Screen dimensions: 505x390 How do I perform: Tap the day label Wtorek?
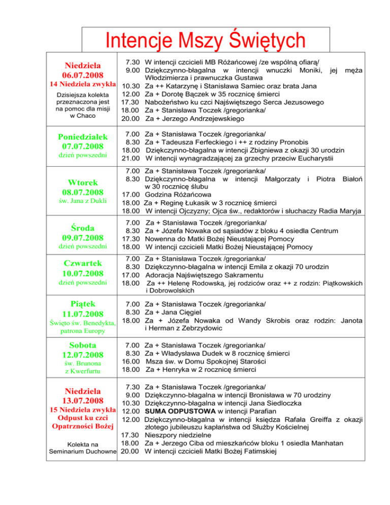[83, 182]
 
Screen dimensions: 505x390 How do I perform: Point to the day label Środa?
[83, 226]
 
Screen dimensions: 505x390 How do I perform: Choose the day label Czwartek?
[83, 263]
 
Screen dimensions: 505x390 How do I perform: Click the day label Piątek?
[83, 303]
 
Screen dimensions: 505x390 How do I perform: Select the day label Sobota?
[83, 345]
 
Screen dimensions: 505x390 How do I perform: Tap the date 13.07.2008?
[83, 401]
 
